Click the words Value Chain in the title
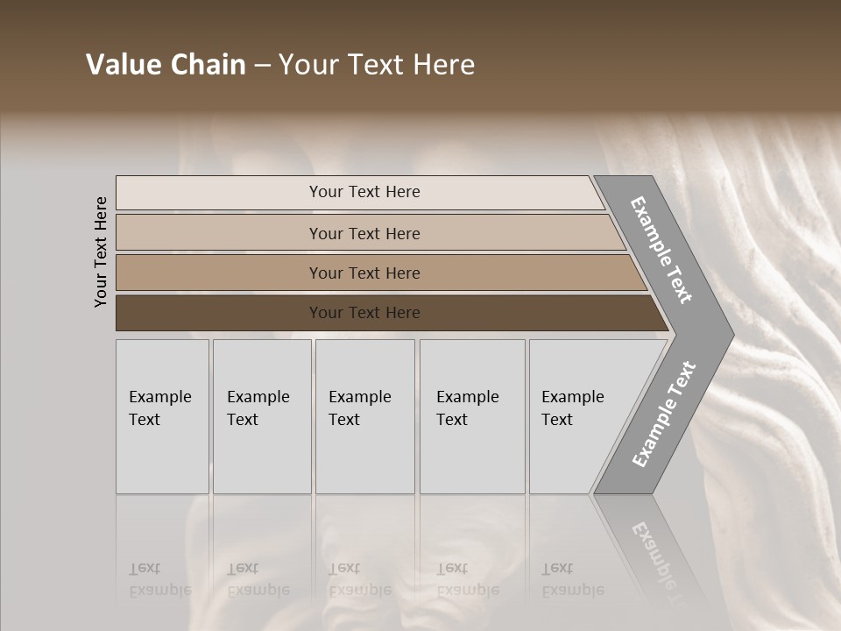tap(166, 65)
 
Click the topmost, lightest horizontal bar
tap(219, 193)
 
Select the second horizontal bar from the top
tap(219, 233)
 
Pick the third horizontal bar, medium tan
tap(219, 273)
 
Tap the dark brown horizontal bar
tap(219, 313)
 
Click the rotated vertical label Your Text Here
tap(101, 252)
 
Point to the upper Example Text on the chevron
tap(662, 250)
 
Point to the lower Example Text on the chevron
tap(664, 415)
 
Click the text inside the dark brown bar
tap(364, 313)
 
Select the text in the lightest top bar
tap(364, 192)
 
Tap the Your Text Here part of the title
tap(377, 65)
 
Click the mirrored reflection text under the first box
tap(160, 580)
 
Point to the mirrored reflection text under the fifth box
tap(573, 580)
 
